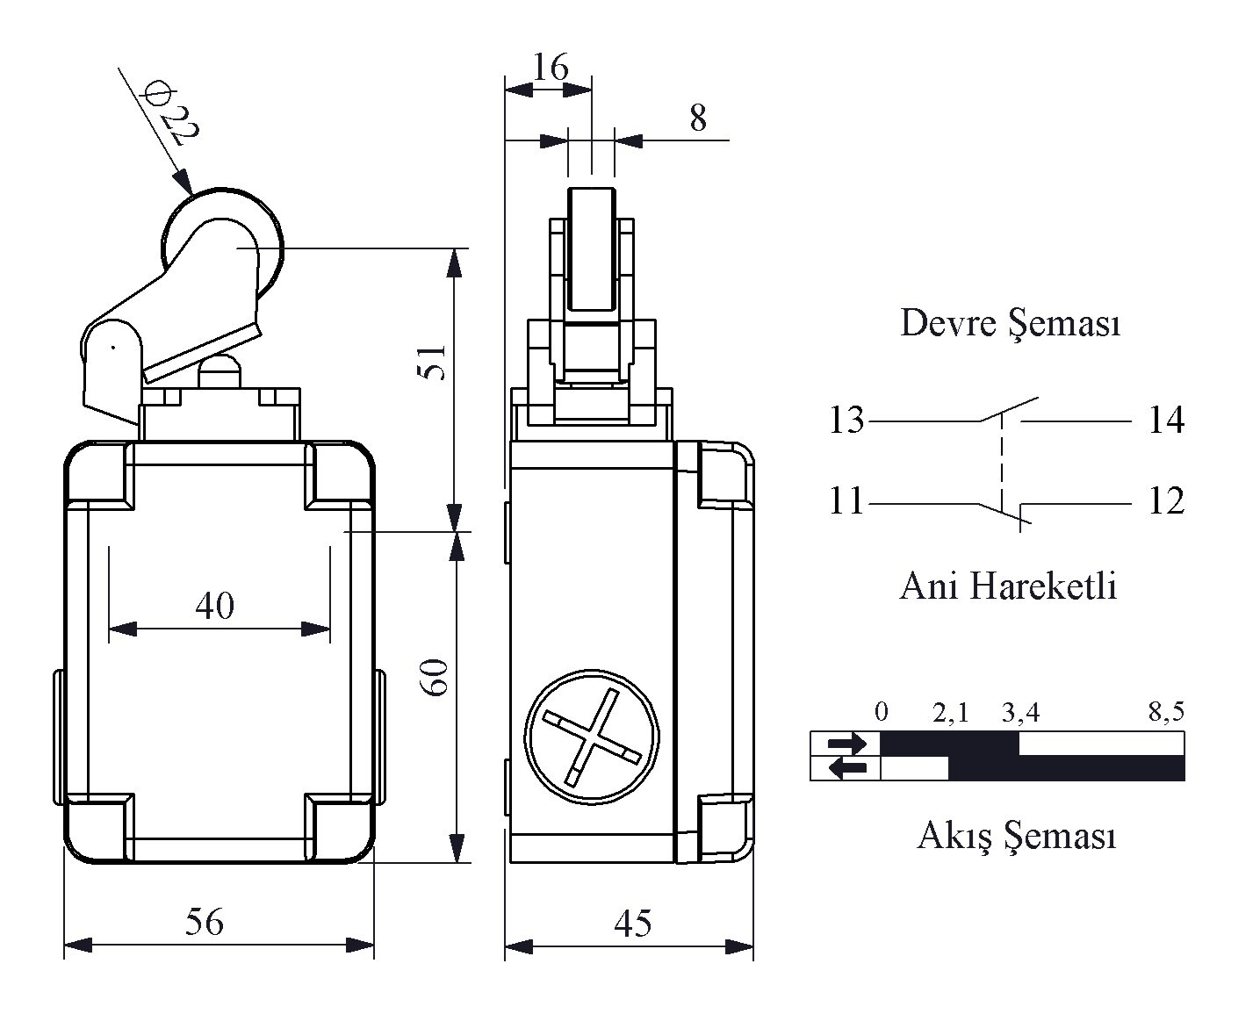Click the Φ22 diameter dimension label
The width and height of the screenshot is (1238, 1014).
point(172,111)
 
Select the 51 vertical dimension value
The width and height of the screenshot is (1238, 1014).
point(433,361)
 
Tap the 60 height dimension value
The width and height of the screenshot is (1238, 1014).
point(436,676)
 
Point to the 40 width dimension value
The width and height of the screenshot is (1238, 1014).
point(215,605)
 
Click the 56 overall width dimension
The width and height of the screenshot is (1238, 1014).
point(204,921)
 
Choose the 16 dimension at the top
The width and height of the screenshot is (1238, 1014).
point(551,67)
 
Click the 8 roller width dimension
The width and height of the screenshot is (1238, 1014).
point(698,118)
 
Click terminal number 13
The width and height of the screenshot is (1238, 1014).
point(846,421)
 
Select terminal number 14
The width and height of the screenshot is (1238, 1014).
point(1166,421)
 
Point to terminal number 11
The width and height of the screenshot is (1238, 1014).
point(846,502)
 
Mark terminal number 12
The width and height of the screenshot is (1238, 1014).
point(1166,502)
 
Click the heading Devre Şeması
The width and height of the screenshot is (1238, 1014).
point(1010,323)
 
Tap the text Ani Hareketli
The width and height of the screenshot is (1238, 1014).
point(1008,585)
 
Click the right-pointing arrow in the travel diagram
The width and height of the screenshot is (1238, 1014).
point(846,744)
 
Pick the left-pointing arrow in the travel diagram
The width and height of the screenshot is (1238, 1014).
point(846,768)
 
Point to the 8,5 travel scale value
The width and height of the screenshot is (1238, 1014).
point(1166,712)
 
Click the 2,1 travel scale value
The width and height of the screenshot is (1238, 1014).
point(951,712)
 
